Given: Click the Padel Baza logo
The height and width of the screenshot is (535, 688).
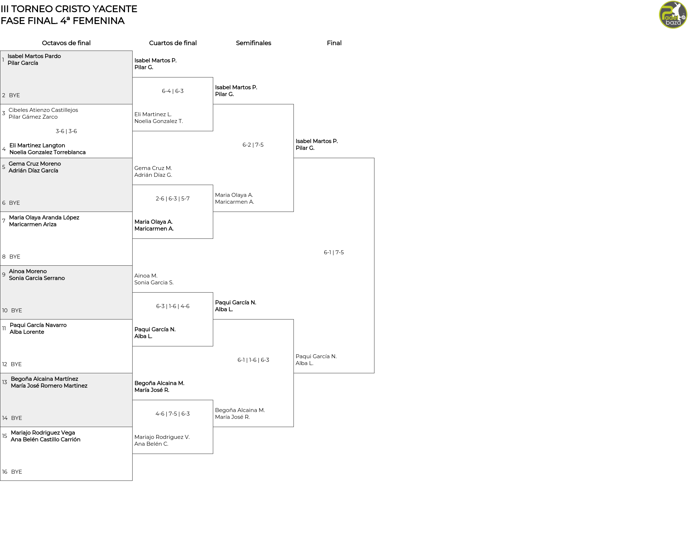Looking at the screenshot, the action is coord(673,15).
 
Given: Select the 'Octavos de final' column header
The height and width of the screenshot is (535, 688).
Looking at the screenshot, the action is coord(66,43).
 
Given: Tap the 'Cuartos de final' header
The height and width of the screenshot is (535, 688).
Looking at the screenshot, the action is coord(173,43).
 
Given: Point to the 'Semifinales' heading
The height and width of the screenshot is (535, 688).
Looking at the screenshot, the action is coord(253,43).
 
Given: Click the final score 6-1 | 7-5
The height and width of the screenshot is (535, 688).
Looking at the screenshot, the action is coord(334,252).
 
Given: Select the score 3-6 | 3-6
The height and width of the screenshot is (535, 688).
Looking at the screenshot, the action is coord(66,131).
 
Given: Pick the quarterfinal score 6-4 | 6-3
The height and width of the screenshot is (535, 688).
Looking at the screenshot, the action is coord(173,91).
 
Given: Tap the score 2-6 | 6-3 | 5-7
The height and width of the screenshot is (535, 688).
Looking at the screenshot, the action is coord(173,199).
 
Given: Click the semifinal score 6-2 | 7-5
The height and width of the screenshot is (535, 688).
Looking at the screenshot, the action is coord(253,145).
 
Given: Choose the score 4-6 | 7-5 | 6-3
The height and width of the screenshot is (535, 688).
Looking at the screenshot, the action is coord(173,414).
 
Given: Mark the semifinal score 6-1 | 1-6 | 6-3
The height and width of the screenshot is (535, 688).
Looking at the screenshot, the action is coord(253,360).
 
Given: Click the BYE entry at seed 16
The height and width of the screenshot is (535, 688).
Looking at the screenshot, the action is coord(16,472).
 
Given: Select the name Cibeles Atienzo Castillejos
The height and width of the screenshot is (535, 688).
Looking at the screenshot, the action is coord(43,110).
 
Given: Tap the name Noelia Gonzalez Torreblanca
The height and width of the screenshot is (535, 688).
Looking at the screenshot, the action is coord(48,152).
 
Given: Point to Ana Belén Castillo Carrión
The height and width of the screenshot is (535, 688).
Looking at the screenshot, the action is coord(46,440).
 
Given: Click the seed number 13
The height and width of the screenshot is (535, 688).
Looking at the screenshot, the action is coord(4,382).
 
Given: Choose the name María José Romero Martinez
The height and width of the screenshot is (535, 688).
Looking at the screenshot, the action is coord(49,386).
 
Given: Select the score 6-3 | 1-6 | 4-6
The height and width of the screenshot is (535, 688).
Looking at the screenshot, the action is coord(173,306).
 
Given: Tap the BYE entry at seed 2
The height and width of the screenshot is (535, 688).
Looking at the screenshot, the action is coord(14,95).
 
